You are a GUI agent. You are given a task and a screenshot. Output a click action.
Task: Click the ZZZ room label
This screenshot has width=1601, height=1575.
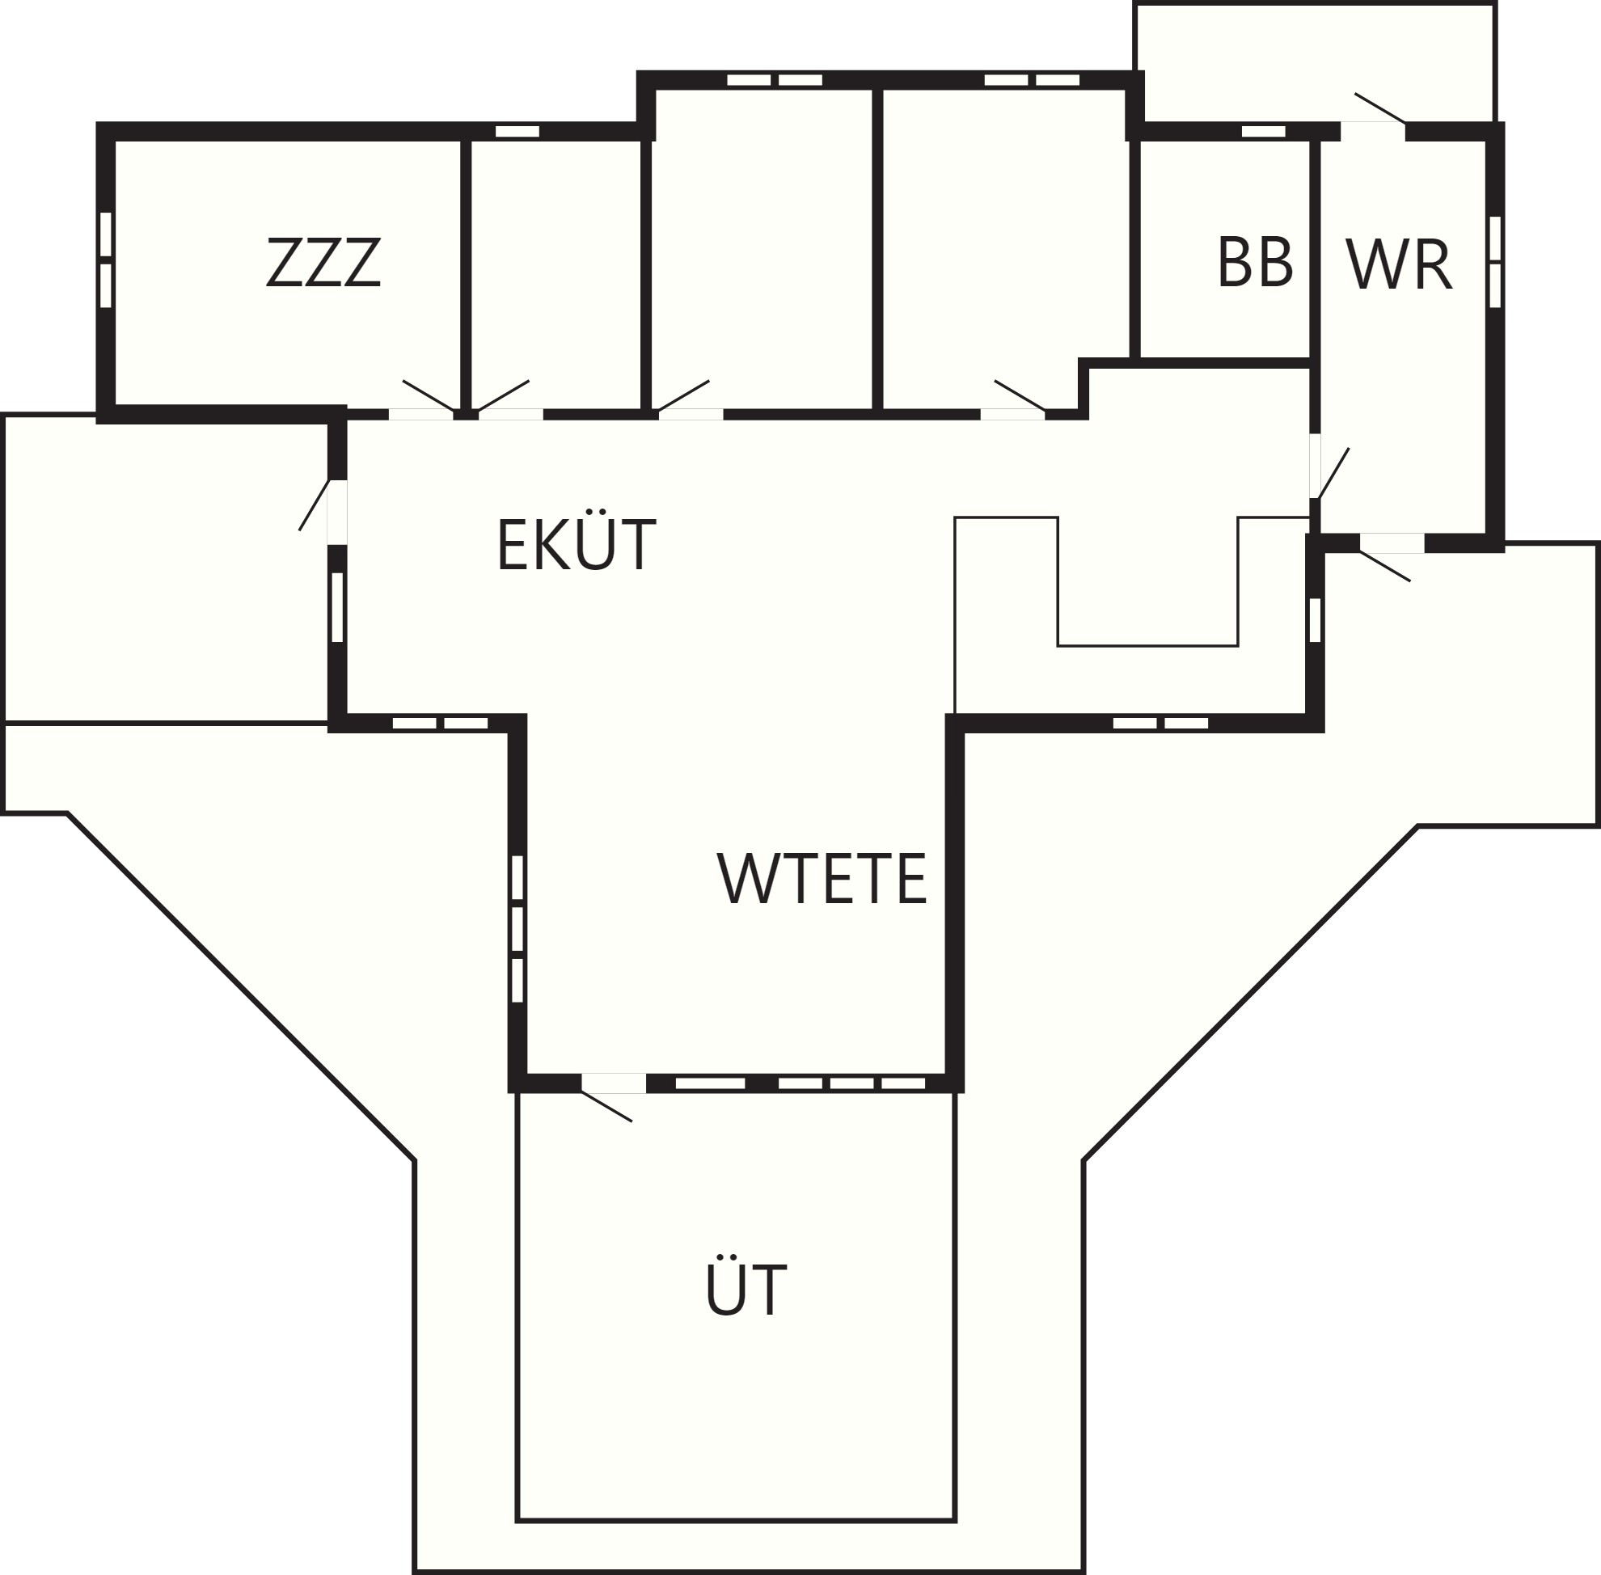pyautogui.click(x=323, y=262)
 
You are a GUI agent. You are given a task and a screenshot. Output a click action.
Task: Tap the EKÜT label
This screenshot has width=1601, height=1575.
pyautogui.click(x=577, y=543)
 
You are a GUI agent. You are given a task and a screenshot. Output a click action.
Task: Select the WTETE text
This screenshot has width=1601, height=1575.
pyautogui.click(x=822, y=878)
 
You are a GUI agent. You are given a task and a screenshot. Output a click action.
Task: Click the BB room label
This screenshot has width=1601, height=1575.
pyautogui.click(x=1254, y=262)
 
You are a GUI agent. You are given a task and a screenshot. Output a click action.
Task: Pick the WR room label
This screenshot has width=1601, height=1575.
pyautogui.click(x=1398, y=264)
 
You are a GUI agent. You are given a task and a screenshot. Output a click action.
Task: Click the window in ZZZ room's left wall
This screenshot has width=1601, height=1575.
pyautogui.click(x=105, y=260)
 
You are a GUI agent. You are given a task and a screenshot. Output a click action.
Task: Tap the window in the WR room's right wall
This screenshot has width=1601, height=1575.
pyautogui.click(x=1494, y=261)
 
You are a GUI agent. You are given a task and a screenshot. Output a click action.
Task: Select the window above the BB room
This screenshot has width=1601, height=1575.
pyautogui.click(x=1264, y=131)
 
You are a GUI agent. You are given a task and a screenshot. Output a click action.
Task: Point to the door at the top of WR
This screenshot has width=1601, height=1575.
pyautogui.click(x=1374, y=114)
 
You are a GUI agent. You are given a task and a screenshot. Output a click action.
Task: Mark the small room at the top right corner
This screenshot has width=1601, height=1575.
pyautogui.click(x=1315, y=62)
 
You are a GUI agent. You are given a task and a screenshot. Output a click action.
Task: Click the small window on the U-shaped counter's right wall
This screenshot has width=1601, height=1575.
pyautogui.click(x=1315, y=619)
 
